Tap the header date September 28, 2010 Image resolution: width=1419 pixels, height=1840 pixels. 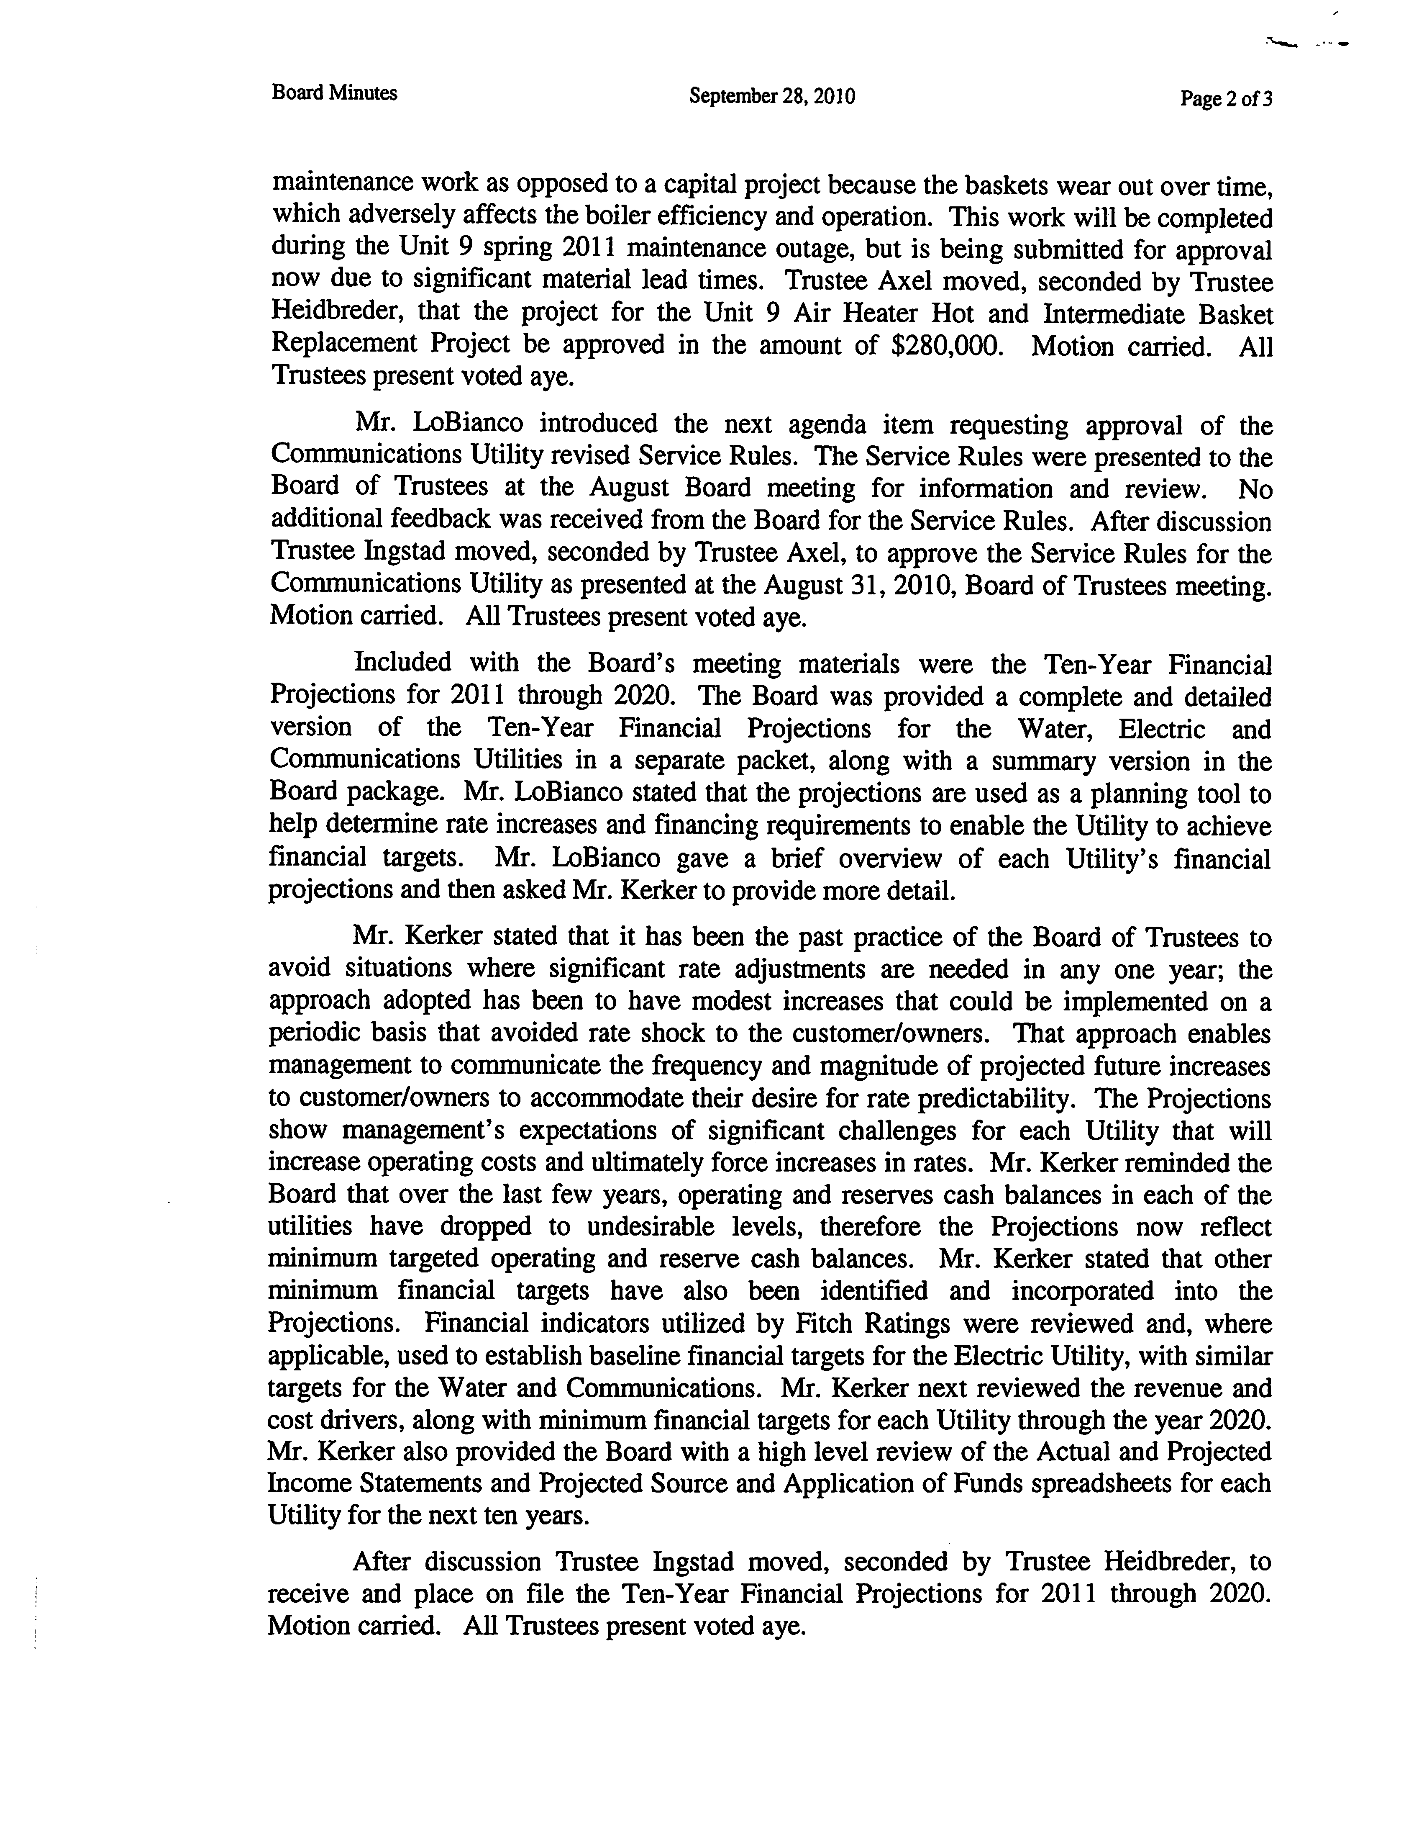coord(771,96)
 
